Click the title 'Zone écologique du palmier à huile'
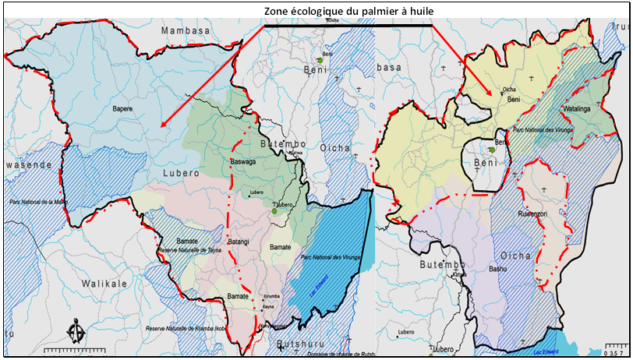348,10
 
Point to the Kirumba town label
271,297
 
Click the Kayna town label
270,309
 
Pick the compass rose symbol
76,330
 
